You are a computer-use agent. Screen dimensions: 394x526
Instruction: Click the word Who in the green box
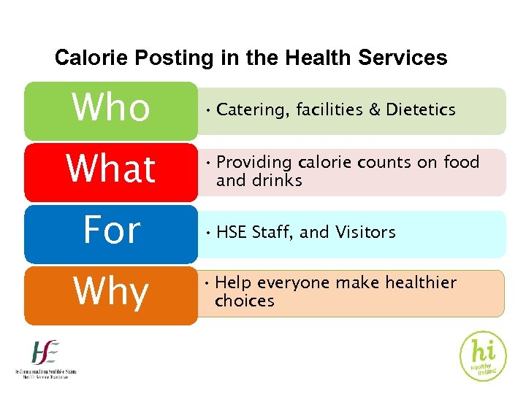click(x=111, y=108)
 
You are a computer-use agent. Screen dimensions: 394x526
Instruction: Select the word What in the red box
click(x=111, y=169)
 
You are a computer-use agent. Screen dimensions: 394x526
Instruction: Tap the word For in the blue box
click(x=111, y=231)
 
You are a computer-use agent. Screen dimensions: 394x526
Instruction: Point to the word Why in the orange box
click(x=111, y=292)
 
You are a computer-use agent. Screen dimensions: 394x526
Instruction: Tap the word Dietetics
click(x=421, y=110)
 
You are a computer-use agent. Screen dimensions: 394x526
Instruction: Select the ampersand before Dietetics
click(x=373, y=110)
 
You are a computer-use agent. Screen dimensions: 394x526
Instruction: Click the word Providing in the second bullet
click(x=257, y=162)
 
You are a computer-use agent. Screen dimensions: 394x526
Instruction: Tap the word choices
click(x=245, y=301)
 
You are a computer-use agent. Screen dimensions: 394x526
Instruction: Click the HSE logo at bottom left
click(x=45, y=359)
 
